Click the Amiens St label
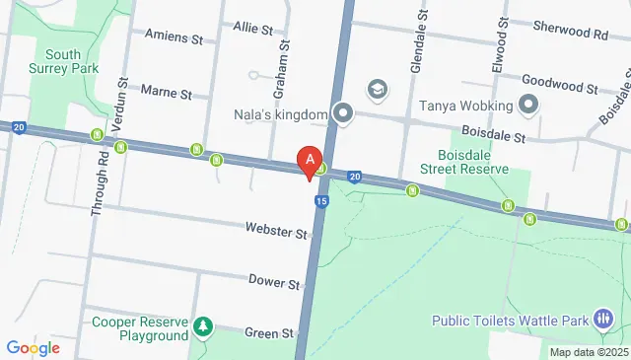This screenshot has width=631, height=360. (x=173, y=37)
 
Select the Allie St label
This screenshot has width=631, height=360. (x=253, y=30)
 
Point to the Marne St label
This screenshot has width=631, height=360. (x=168, y=93)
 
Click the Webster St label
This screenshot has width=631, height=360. (x=277, y=232)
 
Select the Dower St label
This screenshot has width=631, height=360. (x=274, y=283)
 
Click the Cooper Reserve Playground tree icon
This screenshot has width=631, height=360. (x=203, y=325)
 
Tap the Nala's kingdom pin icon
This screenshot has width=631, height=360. (x=342, y=114)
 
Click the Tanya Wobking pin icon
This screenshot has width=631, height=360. (x=527, y=105)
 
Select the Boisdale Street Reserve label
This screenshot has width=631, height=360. (x=472, y=161)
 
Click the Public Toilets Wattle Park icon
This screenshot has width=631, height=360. (x=603, y=320)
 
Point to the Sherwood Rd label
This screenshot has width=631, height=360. (x=573, y=33)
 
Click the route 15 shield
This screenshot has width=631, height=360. (x=321, y=201)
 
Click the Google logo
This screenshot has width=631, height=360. (x=34, y=348)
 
